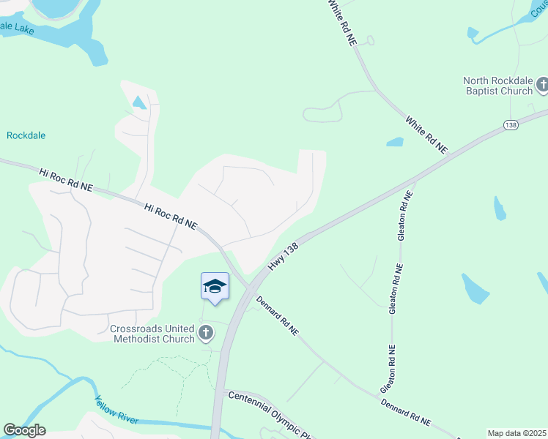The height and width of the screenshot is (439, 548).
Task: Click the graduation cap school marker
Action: [215, 285]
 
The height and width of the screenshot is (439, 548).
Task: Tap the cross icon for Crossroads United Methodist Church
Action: [206, 334]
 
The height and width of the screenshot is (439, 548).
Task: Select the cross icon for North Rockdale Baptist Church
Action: [542, 86]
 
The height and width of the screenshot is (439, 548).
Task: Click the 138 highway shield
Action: [511, 126]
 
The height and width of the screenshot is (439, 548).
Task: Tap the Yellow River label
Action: [116, 410]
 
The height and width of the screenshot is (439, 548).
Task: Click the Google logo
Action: [24, 430]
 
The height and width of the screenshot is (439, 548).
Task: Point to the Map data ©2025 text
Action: [516, 433]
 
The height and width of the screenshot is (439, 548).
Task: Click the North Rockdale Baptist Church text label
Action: [497, 86]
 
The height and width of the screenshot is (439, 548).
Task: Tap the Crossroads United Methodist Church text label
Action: [152, 334]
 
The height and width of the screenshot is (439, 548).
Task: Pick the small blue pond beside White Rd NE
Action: [395, 142]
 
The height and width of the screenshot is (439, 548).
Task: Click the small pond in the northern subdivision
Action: [139, 103]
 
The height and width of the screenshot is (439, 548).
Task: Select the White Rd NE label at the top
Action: [342, 23]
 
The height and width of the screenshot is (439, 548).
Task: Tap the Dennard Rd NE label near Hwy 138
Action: [278, 315]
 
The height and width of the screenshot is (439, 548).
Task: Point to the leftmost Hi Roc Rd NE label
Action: [66, 181]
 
